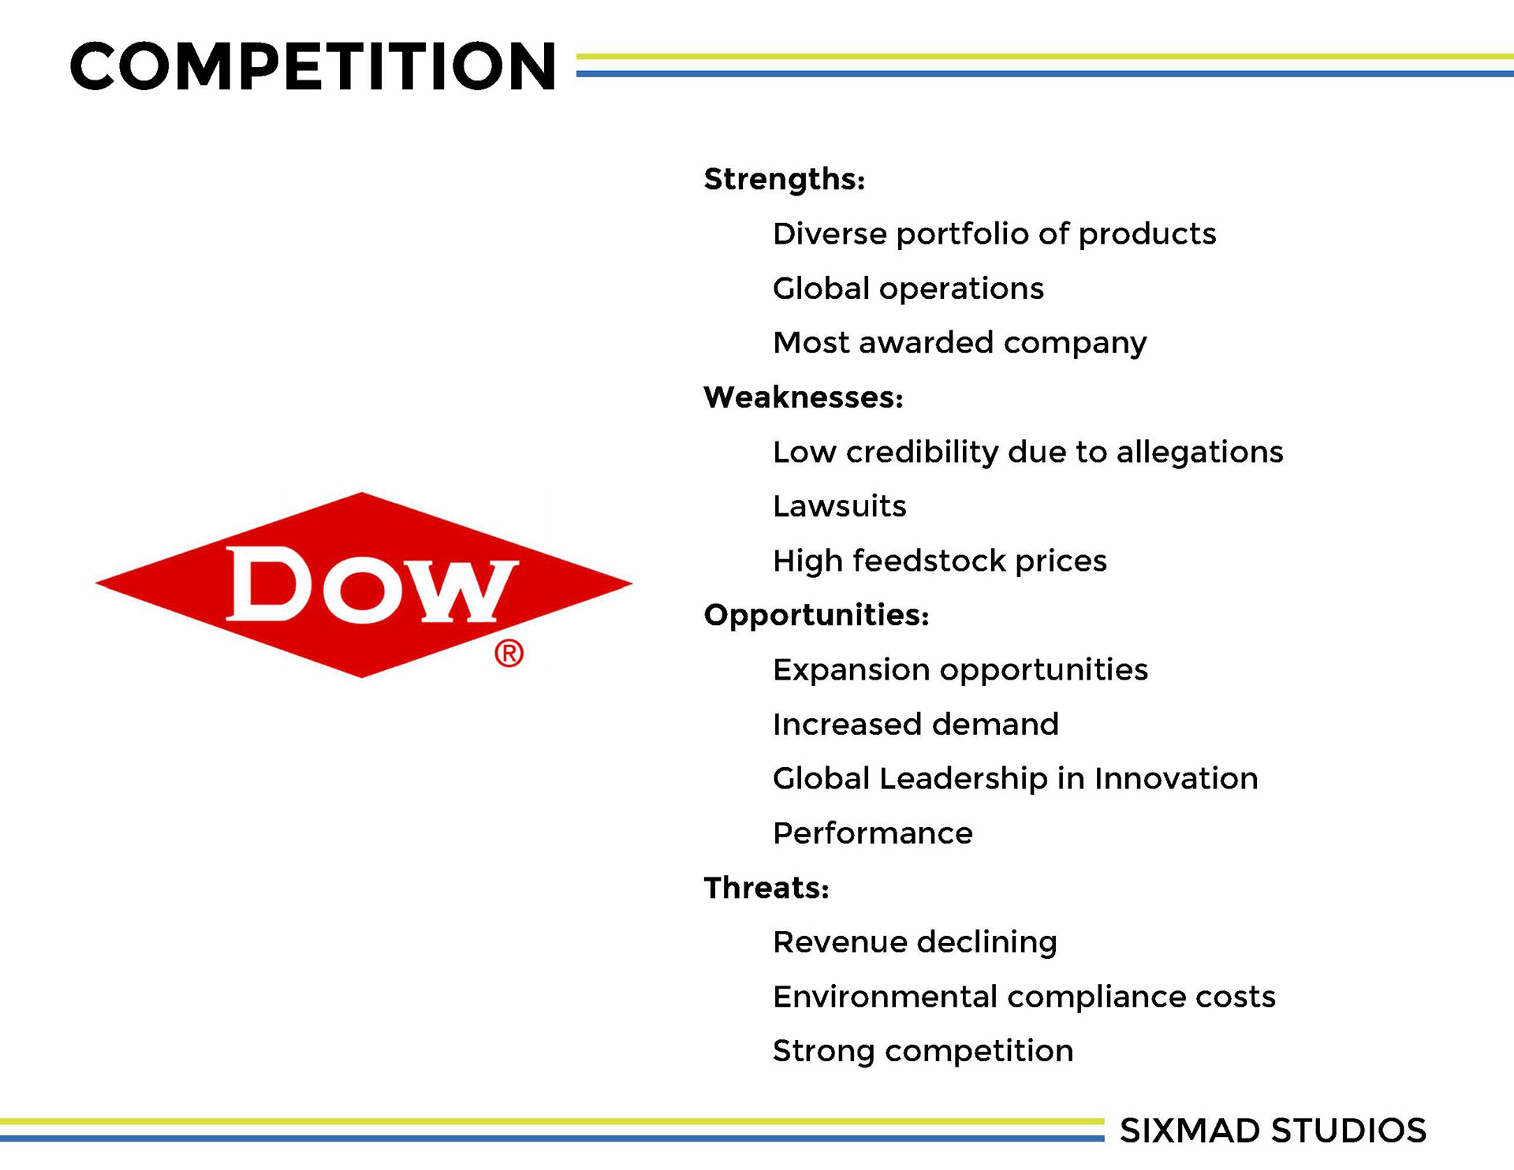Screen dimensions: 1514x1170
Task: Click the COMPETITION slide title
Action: (x=313, y=66)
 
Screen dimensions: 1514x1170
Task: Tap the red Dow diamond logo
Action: (x=364, y=584)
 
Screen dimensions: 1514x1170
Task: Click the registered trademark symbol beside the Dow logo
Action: (x=509, y=654)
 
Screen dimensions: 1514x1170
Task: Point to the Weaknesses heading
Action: (x=804, y=397)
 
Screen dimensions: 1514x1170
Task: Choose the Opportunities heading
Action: (x=817, y=616)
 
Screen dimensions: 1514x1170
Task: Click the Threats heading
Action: (x=766, y=888)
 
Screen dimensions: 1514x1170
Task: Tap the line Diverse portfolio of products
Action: (x=994, y=234)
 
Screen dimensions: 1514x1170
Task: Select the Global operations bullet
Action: (x=908, y=289)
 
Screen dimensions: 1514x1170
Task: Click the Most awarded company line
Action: (x=960, y=343)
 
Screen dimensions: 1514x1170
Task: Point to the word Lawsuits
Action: (x=840, y=506)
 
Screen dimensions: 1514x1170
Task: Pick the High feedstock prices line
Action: (x=940, y=561)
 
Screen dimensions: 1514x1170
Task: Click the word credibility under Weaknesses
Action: (x=923, y=453)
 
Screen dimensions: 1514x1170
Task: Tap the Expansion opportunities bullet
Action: (x=960, y=670)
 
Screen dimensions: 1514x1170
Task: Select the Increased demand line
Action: (x=915, y=725)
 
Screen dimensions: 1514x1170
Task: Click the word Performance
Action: (x=873, y=833)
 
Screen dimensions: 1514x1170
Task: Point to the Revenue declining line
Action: (x=915, y=942)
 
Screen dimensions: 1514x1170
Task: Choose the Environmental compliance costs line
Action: (x=1024, y=997)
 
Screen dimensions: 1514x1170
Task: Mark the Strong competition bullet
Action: (x=923, y=1052)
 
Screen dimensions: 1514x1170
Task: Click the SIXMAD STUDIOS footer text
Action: (x=1273, y=1131)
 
